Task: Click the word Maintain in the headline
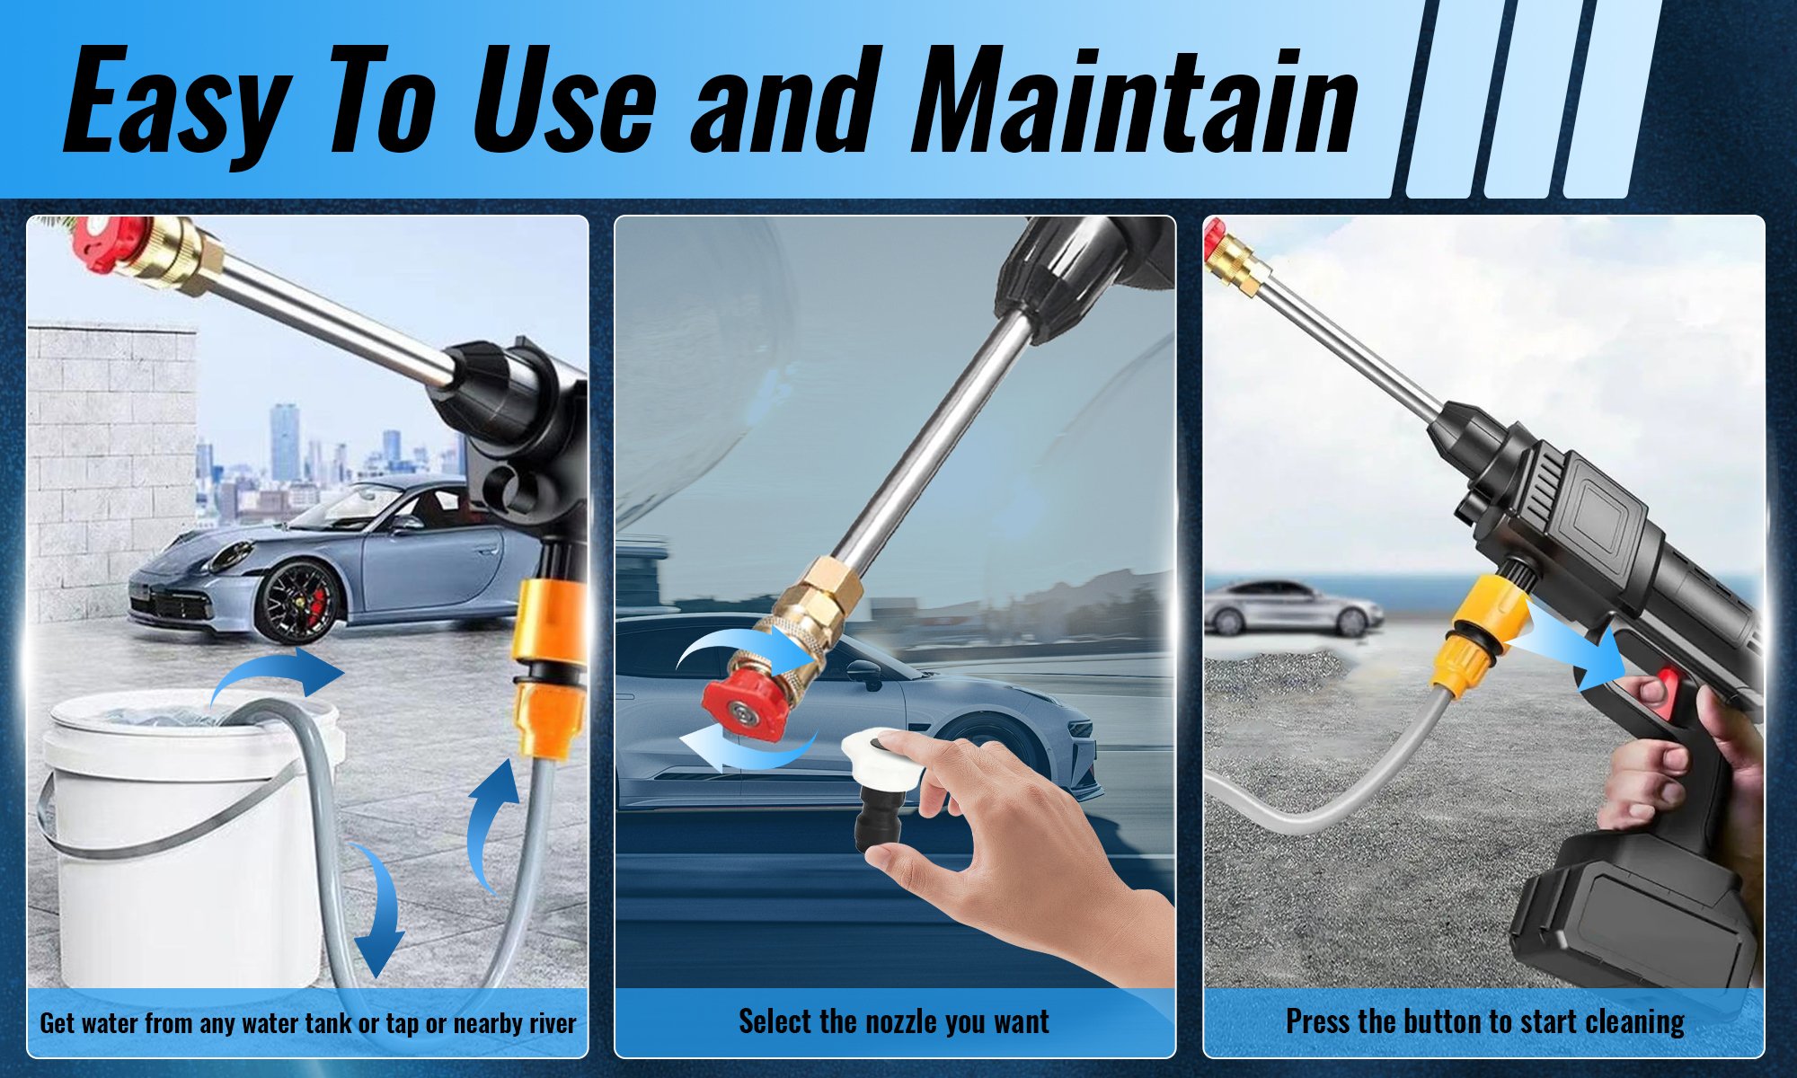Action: click(1134, 101)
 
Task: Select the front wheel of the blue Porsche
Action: click(297, 601)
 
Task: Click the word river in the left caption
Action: click(548, 1023)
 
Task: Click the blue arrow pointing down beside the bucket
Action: click(376, 912)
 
